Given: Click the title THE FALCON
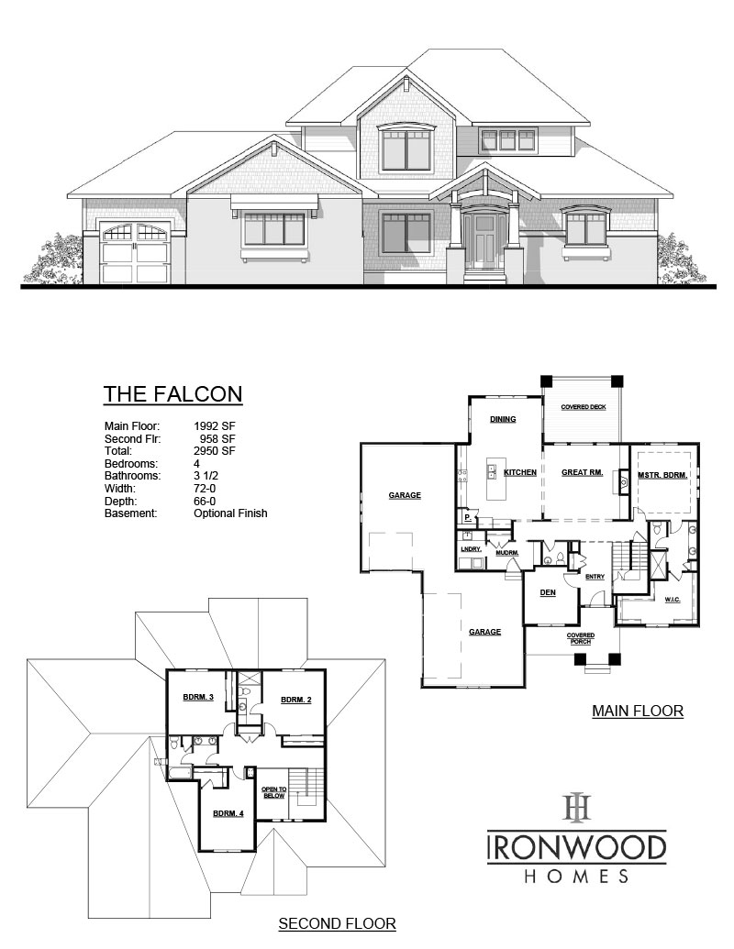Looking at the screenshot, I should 172,393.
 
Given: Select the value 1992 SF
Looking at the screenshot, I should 215,426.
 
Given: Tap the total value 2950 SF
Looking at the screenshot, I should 215,451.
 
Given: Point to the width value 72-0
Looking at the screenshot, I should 206,489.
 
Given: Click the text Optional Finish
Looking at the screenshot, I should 230,513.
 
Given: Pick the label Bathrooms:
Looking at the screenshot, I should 133,476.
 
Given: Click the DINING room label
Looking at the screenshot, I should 502,420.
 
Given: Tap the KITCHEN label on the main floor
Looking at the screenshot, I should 519,472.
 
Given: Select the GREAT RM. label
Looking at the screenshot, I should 581,472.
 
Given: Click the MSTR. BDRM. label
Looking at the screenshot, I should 662,475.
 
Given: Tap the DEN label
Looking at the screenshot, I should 548,592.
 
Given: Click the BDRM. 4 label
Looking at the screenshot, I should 228,813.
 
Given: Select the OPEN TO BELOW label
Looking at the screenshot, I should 274,792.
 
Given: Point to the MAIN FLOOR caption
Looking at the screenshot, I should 638,711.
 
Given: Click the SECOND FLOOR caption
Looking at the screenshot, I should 337,923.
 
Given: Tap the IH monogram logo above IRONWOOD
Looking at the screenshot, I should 576,808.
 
